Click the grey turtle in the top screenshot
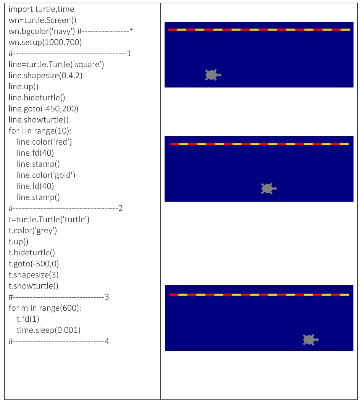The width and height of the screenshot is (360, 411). coord(213,75)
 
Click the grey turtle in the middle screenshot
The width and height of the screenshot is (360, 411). coord(268,189)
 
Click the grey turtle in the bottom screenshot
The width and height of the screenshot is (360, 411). coord(310,340)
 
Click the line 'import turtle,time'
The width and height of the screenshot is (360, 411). coord(41,9)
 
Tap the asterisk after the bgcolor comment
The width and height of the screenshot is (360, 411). coord(131,30)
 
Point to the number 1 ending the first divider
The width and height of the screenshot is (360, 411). coord(129,53)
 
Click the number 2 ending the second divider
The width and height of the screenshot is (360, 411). coord(121,208)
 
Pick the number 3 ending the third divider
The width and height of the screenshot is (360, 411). coord(107,297)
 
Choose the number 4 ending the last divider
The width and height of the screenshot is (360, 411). coord(107,341)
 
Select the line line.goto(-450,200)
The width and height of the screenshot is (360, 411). coord(43,108)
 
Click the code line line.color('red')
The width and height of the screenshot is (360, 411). coord(44,142)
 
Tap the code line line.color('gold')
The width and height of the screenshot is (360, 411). coord(46,175)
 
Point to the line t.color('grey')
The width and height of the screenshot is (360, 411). coord(32,230)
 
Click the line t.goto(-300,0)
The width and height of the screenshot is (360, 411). coord(34,264)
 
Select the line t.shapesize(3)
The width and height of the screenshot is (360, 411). coord(33,275)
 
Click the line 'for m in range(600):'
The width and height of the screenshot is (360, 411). coord(45,308)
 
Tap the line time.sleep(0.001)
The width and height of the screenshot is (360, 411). coord(48,330)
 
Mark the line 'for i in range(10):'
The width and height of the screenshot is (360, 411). coord(40,131)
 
